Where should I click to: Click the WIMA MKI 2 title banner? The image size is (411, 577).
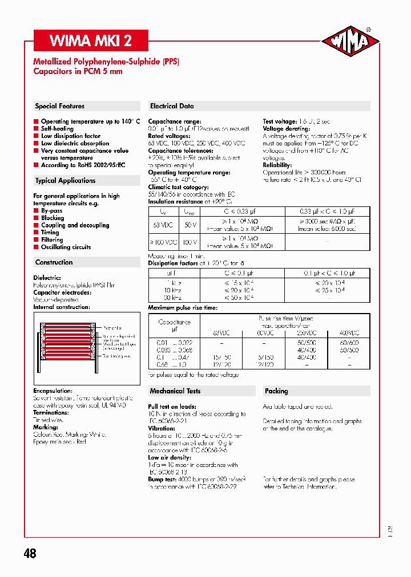pos(91,41)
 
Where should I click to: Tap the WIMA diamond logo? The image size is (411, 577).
pos(350,42)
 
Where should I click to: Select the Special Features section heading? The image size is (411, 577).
pos(60,106)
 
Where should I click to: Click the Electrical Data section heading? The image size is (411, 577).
pos(172,106)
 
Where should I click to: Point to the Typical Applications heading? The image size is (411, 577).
pos(65,181)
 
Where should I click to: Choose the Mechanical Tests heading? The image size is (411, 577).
pos(175,391)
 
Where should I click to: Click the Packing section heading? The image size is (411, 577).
pos(276,391)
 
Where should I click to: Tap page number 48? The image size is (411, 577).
pos(30,553)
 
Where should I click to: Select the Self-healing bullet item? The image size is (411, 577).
pos(57,129)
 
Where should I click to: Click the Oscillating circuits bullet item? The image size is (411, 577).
pos(66,247)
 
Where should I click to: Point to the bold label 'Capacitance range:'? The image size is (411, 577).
pos(175,121)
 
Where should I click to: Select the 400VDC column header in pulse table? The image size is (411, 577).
pos(349,333)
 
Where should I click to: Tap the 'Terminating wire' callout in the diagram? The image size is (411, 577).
pos(119,356)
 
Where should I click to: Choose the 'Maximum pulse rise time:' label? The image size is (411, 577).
pos(183,308)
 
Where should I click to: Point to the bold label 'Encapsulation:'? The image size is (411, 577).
pos(53,391)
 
